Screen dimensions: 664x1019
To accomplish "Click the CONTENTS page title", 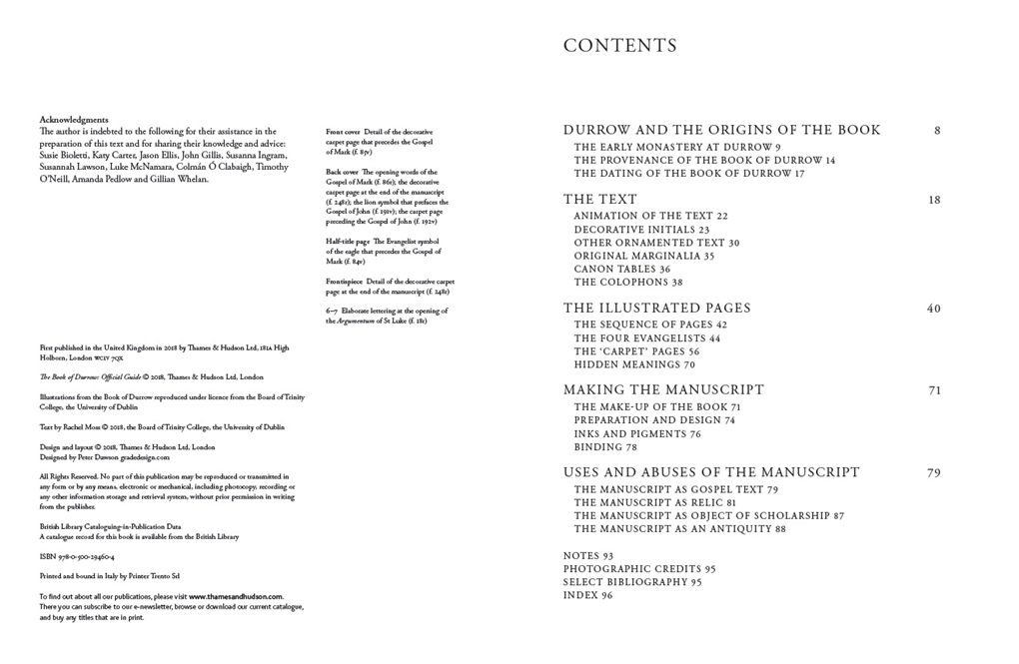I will click(x=619, y=46).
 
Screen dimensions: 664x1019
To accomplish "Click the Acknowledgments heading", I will click(x=74, y=120).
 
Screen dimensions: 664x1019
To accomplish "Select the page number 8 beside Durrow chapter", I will click(x=937, y=130).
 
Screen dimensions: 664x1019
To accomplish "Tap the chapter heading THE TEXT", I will click(x=599, y=200).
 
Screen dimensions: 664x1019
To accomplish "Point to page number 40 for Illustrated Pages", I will click(x=933, y=309).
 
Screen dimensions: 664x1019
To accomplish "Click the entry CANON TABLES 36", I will click(x=621, y=270).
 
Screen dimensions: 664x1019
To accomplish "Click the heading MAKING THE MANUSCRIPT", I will click(x=663, y=390).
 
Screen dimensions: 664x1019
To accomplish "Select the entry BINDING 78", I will click(x=605, y=447).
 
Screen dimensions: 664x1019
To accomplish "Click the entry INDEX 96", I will click(x=587, y=595).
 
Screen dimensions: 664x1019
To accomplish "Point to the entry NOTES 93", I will click(x=587, y=556).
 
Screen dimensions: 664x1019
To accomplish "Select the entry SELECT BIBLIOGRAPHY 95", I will click(x=631, y=582).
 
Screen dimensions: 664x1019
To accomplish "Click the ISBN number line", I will click(x=77, y=557).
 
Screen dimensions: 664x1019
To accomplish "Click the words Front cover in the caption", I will click(x=343, y=132).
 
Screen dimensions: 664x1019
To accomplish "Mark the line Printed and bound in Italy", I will click(x=110, y=576).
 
